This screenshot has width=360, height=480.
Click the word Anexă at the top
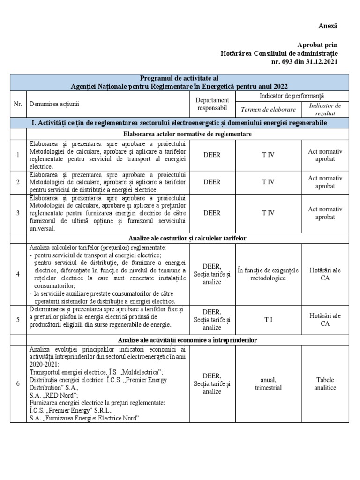pos(327,26)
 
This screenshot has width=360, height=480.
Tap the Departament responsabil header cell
pos(212,104)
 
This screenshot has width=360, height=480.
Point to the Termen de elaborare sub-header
pos(268,109)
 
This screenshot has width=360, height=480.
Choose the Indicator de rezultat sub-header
pos(325,109)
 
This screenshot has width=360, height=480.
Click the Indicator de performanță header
pos(292,96)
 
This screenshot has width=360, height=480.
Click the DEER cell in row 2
pos(212,182)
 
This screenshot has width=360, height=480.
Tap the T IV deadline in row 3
pos(268,213)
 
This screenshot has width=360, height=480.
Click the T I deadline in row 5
pos(268,319)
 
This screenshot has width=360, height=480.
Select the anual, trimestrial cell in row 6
pos(268,383)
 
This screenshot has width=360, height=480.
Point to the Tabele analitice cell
pos(325,383)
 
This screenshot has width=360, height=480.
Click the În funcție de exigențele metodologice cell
pos(268,274)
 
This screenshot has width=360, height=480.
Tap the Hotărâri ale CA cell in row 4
pos(325,274)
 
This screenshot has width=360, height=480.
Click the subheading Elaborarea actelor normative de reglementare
pos(187,134)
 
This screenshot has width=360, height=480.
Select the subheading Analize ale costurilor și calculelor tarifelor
pos(187,239)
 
